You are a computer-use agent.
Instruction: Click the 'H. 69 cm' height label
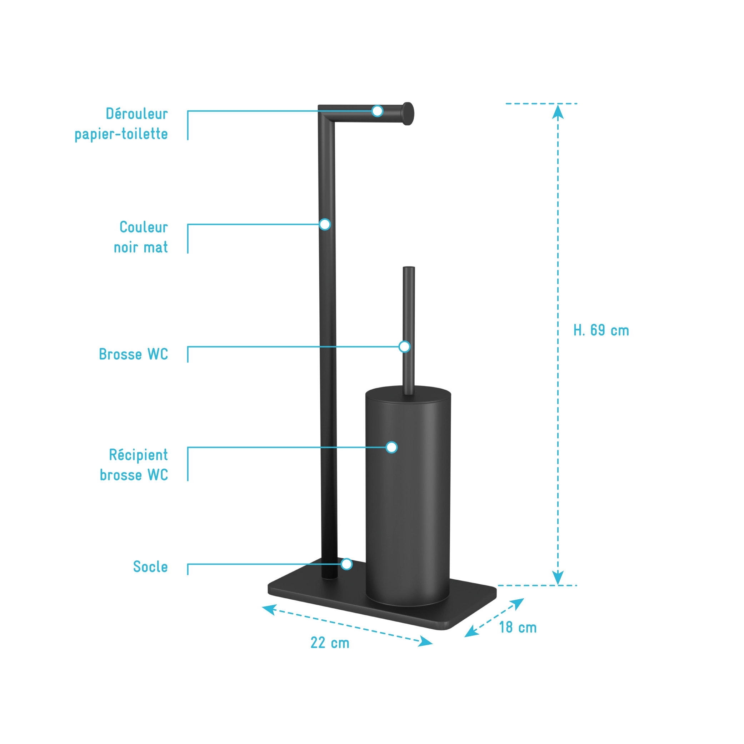pos(601,330)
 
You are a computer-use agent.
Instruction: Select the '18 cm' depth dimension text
pos(518,627)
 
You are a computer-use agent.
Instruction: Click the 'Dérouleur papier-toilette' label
pos(121,124)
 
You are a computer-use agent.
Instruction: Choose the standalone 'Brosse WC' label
pos(133,354)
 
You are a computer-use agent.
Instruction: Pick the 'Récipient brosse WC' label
pos(134,465)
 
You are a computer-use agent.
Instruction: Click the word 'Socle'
pos(150,567)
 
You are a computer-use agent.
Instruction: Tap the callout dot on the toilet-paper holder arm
pos(378,111)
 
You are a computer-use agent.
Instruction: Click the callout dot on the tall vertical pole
pos(325,225)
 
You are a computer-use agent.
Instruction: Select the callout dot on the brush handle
pos(404,346)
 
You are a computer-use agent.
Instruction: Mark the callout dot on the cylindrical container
pos(391,448)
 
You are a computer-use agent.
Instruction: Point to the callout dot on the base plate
pos(346,564)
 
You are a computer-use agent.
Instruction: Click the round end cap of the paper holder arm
pos(408,114)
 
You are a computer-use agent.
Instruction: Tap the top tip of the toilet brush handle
pos(409,268)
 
